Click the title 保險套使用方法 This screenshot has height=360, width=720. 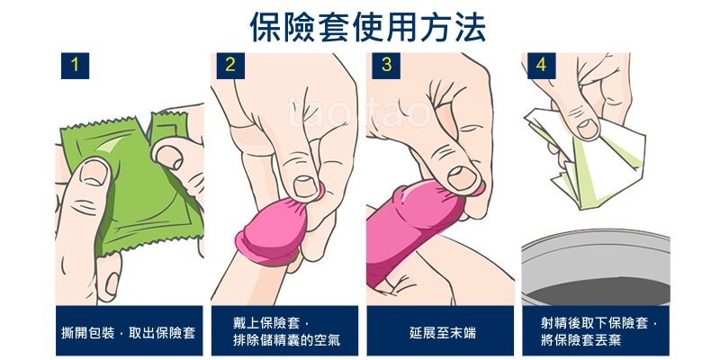(x=368, y=26)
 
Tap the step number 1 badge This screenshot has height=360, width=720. (x=75, y=66)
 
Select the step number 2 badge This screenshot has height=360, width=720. (x=230, y=66)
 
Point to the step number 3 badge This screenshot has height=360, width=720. (x=386, y=66)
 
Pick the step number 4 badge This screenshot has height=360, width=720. (x=542, y=66)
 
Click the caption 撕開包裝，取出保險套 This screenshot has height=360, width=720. (x=129, y=332)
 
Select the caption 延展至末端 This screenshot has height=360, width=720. (x=443, y=332)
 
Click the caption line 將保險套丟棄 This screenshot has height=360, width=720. (x=581, y=341)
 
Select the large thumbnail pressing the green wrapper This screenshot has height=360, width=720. (x=94, y=172)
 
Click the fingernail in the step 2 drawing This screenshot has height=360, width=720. (x=304, y=186)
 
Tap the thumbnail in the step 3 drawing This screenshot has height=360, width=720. (x=463, y=177)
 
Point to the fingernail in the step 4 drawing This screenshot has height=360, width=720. (x=588, y=129)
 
